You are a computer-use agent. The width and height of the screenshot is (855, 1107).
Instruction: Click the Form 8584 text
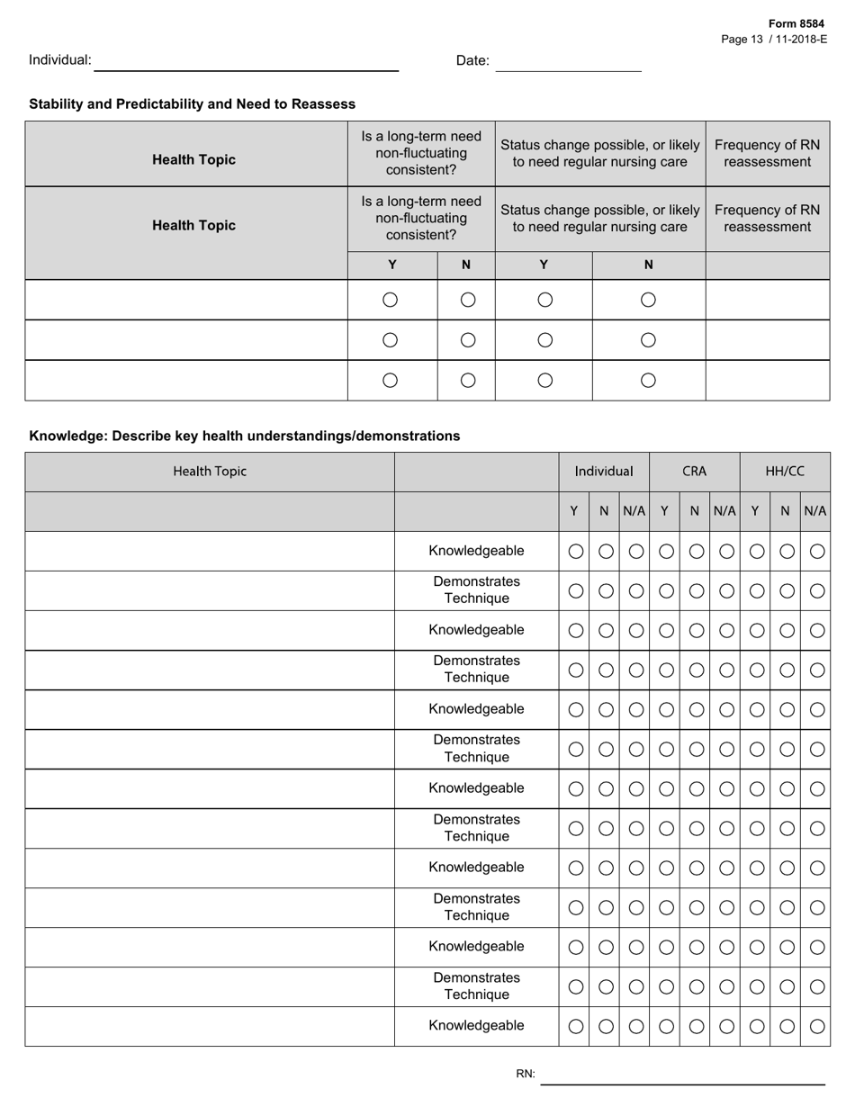point(796,24)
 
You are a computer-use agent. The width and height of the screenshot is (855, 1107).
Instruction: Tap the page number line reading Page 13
point(774,40)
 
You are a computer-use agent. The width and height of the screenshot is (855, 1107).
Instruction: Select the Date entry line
point(568,62)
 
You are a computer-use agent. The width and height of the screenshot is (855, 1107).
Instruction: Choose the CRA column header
point(694,472)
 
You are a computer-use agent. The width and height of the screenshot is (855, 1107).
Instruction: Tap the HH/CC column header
point(785,472)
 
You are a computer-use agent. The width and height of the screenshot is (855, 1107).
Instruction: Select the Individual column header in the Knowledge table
point(604,472)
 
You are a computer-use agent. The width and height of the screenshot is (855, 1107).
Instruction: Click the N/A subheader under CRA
point(724,511)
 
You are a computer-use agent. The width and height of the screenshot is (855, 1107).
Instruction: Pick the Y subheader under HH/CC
point(755,511)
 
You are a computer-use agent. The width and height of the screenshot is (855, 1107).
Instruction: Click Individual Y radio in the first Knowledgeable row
point(576,551)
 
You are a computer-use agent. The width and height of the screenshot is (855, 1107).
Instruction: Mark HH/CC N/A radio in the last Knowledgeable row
point(816,1026)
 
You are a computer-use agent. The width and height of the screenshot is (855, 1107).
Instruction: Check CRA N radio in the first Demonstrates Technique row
point(696,590)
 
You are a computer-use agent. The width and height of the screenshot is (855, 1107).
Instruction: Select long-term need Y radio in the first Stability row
point(391,300)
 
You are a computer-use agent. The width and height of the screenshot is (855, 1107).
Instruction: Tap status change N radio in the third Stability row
point(648,380)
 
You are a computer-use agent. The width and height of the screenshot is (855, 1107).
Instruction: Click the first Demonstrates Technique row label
point(476,590)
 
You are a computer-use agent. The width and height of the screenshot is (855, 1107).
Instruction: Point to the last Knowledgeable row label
point(476,1026)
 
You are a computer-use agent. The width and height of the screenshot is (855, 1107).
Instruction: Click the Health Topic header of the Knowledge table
point(210,472)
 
